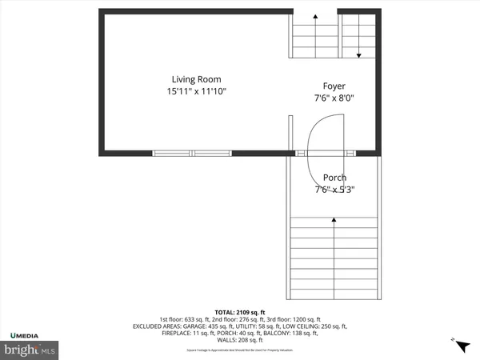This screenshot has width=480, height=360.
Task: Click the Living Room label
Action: pyautogui.click(x=196, y=79)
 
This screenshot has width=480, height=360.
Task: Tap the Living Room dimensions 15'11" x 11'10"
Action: pyautogui.click(x=196, y=92)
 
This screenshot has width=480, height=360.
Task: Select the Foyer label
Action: pyautogui.click(x=334, y=86)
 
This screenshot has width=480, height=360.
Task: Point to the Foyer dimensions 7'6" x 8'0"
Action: pyautogui.click(x=334, y=98)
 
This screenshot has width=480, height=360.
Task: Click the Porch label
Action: pyautogui.click(x=334, y=178)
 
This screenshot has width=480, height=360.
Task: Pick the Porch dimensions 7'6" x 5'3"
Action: pyautogui.click(x=334, y=190)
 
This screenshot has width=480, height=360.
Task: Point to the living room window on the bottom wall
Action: pyautogui.click(x=192, y=152)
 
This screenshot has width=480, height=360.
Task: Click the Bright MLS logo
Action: pyautogui.click(x=30, y=350)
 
